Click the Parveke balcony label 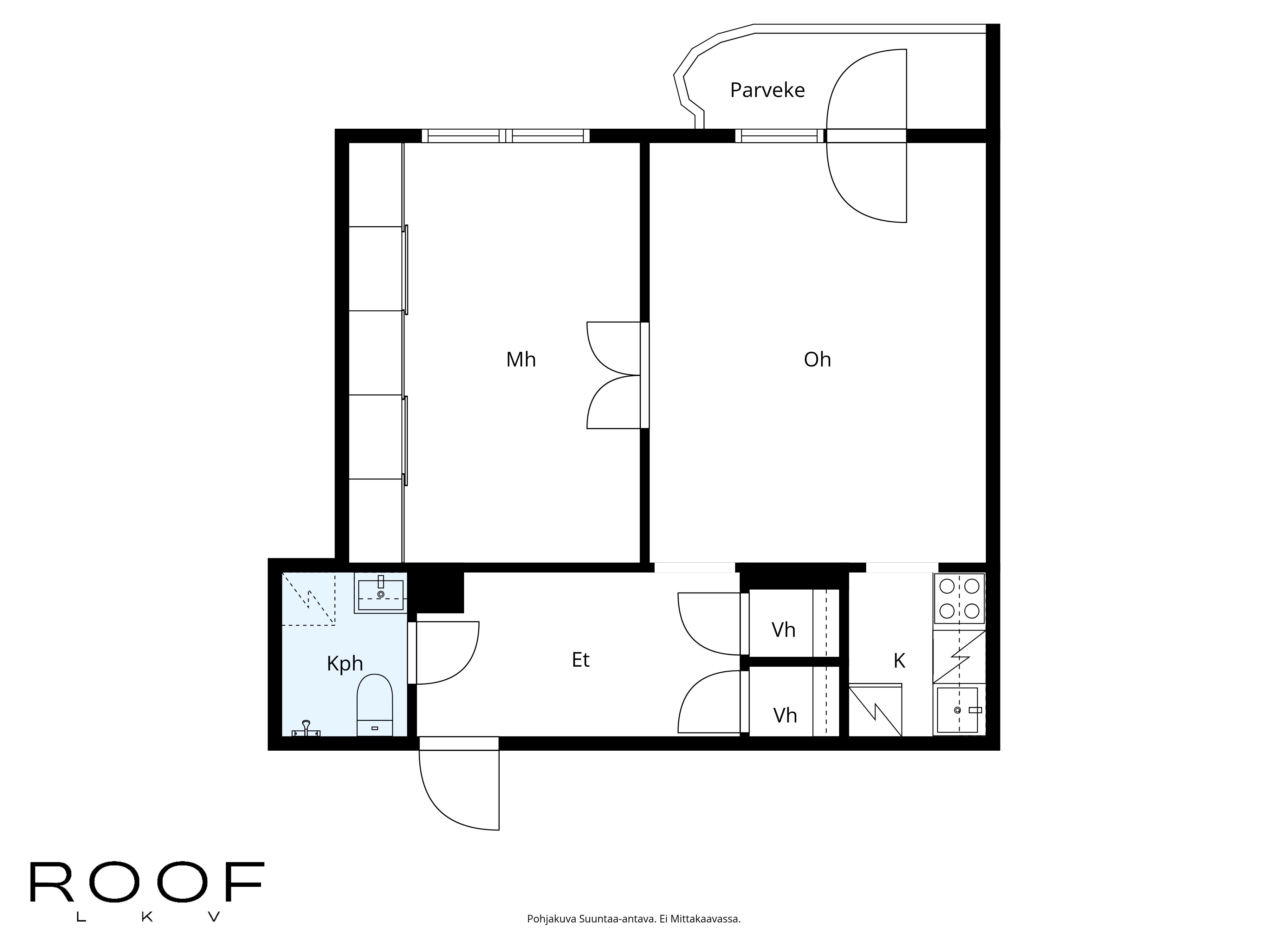pyautogui.click(x=767, y=90)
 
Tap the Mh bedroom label pyautogui.click(x=521, y=359)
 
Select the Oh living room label pyautogui.click(x=817, y=359)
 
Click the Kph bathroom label pyautogui.click(x=345, y=663)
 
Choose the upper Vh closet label pyautogui.click(x=783, y=630)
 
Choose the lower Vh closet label pyautogui.click(x=785, y=715)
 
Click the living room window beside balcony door pyautogui.click(x=779, y=136)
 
